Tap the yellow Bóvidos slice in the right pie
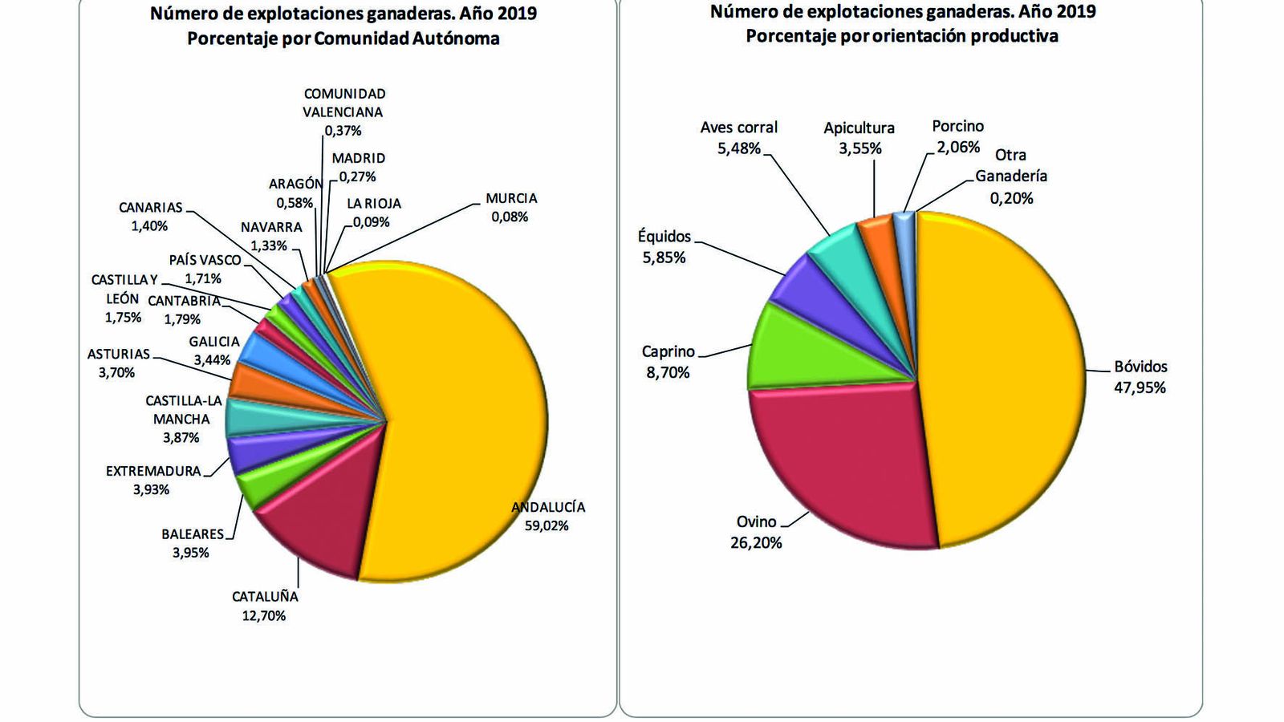pyautogui.click(x=1003, y=377)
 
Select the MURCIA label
pyautogui.click(x=511, y=198)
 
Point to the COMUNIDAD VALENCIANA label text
pyautogui.click(x=344, y=103)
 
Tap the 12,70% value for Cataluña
pyautogui.click(x=265, y=616)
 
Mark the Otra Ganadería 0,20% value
pyautogui.click(x=1011, y=198)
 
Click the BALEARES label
pyautogui.click(x=193, y=533)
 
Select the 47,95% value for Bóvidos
pyautogui.click(x=1140, y=387)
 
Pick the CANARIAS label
pyautogui.click(x=151, y=208)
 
